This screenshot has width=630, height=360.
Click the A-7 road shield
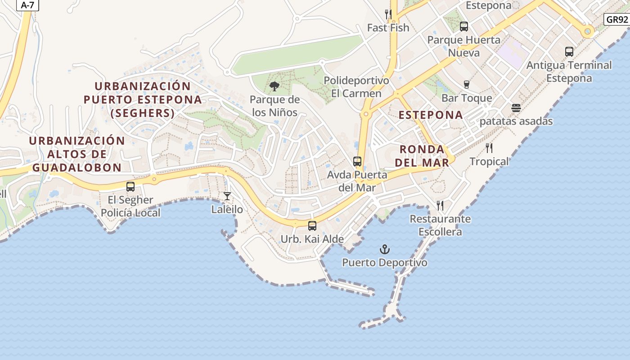click(x=27, y=5)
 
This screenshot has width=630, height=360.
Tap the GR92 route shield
click(x=616, y=19)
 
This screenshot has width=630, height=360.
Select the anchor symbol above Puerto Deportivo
click(x=385, y=249)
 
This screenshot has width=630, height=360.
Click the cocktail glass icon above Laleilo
click(x=227, y=196)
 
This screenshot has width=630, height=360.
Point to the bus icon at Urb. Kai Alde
click(x=312, y=225)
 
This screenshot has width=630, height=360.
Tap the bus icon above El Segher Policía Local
click(x=130, y=186)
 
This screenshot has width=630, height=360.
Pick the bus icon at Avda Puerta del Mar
click(x=357, y=161)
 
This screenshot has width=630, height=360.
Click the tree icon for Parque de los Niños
click(x=274, y=86)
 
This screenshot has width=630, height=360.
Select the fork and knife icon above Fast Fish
click(x=388, y=14)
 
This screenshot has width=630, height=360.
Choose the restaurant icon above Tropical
click(x=489, y=148)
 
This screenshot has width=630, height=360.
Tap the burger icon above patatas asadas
click(x=516, y=108)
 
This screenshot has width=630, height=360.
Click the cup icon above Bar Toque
click(x=467, y=84)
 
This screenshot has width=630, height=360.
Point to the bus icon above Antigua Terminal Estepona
click(x=569, y=52)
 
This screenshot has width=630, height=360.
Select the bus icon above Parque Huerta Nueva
click(x=464, y=27)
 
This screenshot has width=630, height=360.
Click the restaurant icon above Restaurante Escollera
click(x=440, y=206)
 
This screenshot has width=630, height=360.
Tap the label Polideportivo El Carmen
click(x=356, y=87)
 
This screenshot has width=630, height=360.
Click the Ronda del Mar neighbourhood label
click(x=422, y=156)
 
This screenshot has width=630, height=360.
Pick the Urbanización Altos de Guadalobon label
click(x=76, y=154)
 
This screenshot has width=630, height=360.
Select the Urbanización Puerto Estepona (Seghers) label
click(x=143, y=99)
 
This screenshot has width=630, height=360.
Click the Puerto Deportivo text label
click(x=385, y=262)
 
